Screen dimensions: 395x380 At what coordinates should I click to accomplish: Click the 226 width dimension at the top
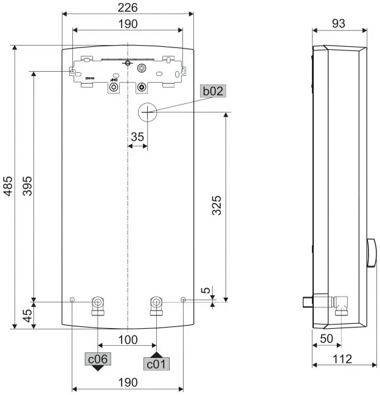[x=127, y=8]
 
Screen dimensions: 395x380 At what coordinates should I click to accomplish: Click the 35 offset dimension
[x=137, y=137]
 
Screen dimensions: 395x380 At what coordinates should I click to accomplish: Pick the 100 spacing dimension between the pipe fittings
[x=127, y=340]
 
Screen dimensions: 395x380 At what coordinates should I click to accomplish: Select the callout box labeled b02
[x=213, y=91]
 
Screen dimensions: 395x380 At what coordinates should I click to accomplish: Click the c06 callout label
[x=98, y=359]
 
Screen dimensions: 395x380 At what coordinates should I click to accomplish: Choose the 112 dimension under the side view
[x=342, y=359]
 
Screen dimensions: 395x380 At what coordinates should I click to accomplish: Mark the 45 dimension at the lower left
[x=26, y=315]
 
